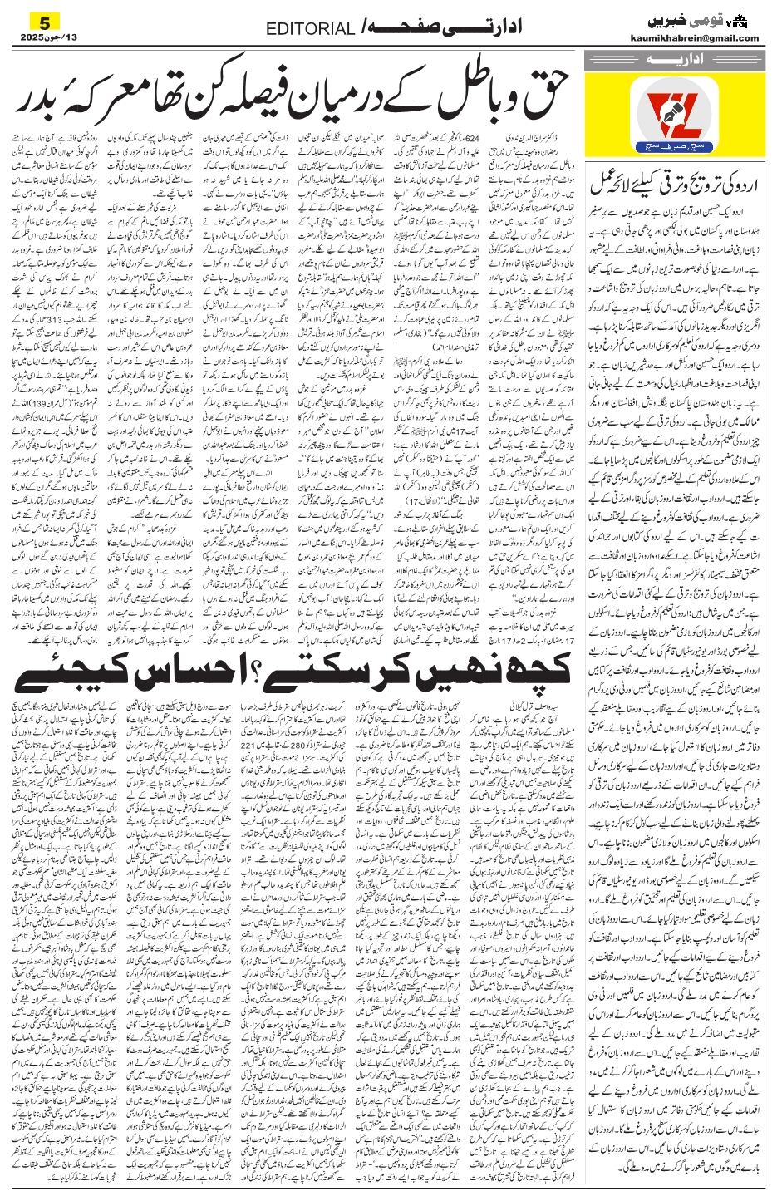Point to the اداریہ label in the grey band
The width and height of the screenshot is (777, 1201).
(673, 60)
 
